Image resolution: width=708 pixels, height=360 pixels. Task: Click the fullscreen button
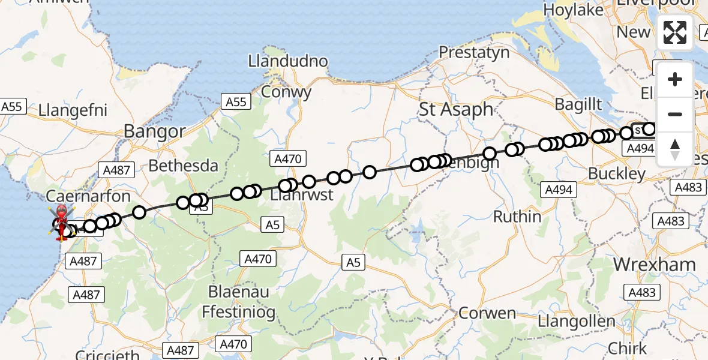click(675, 32)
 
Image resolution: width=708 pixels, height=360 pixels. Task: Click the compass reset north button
click(675, 149)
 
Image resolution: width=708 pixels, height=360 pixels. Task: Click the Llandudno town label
click(289, 61)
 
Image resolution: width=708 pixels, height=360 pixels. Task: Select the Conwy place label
click(286, 92)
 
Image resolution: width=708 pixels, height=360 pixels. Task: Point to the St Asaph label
click(456, 109)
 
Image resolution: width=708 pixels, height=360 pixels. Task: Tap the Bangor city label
click(154, 131)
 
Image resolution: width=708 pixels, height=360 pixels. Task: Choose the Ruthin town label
click(517, 217)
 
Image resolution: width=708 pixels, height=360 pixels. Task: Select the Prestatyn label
click(474, 52)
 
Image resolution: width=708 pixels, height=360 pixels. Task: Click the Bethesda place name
click(182, 166)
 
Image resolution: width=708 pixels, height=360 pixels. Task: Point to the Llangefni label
click(73, 110)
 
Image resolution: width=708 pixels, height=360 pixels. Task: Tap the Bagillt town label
click(578, 104)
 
